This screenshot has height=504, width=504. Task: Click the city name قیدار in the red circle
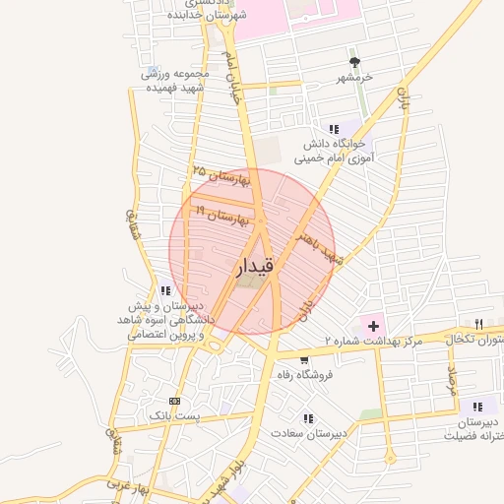[254, 266]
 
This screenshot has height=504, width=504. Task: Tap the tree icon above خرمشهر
[368, 62]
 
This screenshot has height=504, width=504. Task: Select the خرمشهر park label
[355, 77]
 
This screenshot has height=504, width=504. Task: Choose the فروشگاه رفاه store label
[306, 375]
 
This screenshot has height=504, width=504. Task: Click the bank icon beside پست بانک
[175, 401]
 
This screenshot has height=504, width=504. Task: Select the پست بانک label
[173, 416]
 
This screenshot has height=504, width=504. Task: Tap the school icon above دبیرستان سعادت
[309, 418]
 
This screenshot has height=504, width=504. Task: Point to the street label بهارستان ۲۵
[222, 177]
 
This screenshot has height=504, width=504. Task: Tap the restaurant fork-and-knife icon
[478, 323]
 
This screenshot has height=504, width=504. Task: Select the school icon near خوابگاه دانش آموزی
[334, 129]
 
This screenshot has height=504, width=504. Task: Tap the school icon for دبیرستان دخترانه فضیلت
[477, 406]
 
